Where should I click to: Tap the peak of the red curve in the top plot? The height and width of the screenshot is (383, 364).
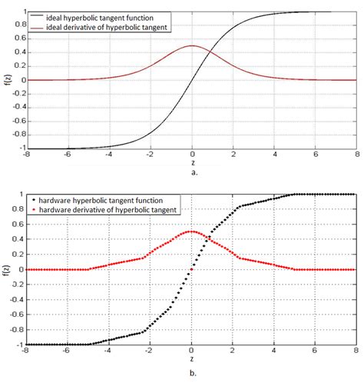coord(192,46)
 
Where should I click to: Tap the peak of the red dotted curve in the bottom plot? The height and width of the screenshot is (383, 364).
coord(192,231)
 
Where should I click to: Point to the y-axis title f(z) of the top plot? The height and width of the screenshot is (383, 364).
coord(7,80)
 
